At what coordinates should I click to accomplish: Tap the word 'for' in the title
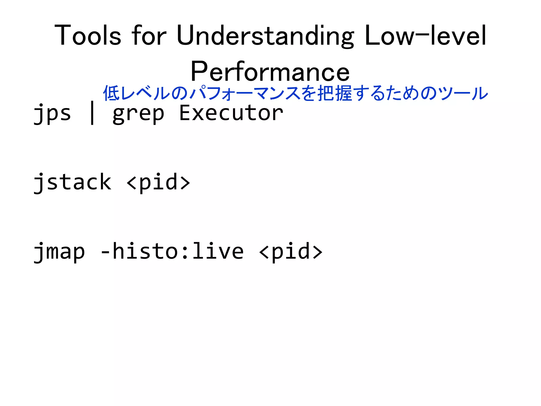coord(149,36)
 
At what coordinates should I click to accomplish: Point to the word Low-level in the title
coord(425,36)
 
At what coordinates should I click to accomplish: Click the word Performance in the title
coord(270,72)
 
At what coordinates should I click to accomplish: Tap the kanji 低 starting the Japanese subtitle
coord(111,93)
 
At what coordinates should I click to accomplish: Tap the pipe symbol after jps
coord(92,113)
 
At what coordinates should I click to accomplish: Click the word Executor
coord(231,113)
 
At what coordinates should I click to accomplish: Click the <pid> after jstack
coord(158,182)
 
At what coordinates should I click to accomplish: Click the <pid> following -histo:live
coord(291,252)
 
